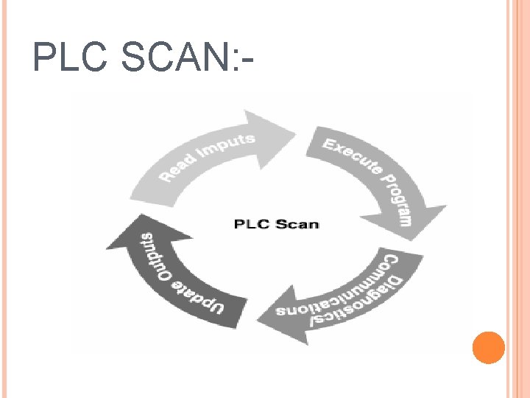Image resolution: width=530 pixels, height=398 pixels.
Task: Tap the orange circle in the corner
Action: pos(488,348)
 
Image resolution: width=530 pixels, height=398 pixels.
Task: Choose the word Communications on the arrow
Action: pos(335,291)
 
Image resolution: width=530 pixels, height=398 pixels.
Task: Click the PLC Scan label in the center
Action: pos(276,223)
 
